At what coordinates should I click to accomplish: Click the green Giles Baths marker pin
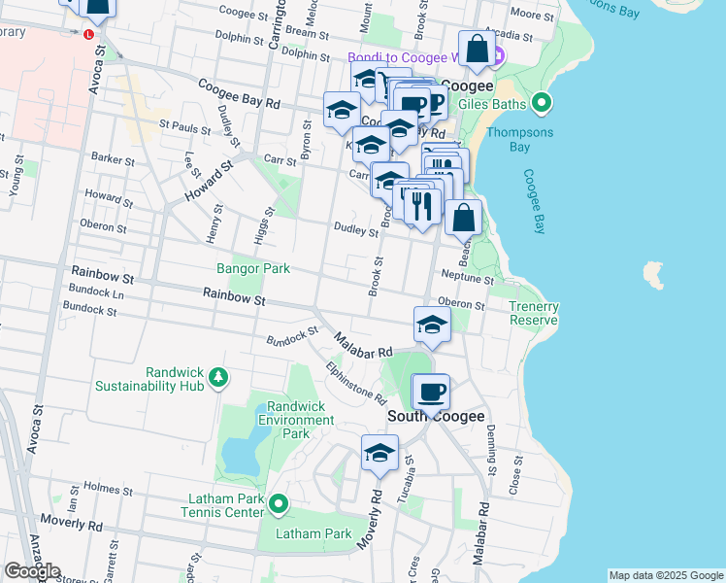coord(542,103)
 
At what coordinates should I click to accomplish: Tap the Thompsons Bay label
coord(521,140)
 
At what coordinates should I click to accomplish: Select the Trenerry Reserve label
coord(534,313)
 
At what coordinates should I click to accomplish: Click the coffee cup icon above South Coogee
coord(431,393)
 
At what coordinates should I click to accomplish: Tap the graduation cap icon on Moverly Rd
coord(380,453)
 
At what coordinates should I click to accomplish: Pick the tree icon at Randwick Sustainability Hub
coord(220,377)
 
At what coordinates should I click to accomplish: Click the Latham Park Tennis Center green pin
coord(279,503)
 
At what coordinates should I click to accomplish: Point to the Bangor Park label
coord(246,268)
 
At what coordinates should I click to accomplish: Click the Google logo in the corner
coord(32,571)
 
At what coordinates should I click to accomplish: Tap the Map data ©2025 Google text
coord(666,575)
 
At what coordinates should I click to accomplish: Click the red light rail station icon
coord(88,33)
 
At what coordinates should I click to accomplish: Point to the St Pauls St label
coord(184,126)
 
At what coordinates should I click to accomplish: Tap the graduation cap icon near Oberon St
coord(432,326)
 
